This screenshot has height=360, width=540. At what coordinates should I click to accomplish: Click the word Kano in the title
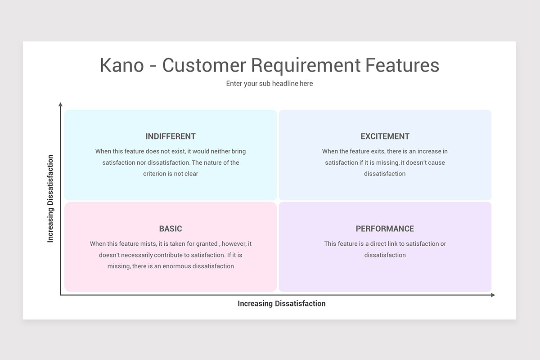pos(121,65)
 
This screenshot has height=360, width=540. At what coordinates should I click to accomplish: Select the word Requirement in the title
pos(306,65)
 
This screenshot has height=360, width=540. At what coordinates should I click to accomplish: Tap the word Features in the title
pos(402,65)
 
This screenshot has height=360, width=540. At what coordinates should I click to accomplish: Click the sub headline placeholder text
pos(270,84)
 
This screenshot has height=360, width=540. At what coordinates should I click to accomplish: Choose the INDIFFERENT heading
pos(171,136)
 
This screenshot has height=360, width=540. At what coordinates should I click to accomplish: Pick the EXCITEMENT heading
pos(385,136)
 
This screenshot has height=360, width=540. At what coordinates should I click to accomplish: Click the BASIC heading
pos(171,229)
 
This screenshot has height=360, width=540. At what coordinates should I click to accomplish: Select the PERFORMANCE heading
pos(385,229)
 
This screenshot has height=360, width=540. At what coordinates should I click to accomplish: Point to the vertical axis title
pos(50,198)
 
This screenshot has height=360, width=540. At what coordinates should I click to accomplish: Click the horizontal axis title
pos(281,304)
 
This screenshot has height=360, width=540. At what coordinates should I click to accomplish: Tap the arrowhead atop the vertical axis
pos(61,105)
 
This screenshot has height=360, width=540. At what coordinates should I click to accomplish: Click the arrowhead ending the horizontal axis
pos(493,295)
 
